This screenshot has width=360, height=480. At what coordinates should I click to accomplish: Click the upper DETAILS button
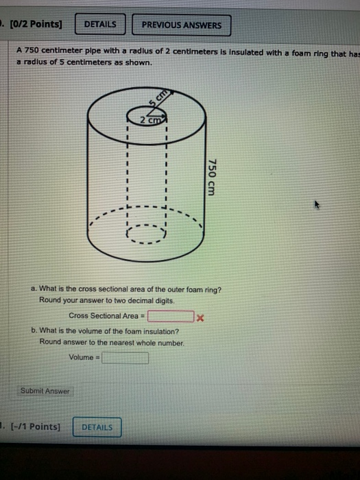(x=99, y=25)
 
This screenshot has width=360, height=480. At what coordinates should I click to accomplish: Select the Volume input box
(x=125, y=357)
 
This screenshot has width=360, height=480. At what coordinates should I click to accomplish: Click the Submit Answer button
(x=45, y=392)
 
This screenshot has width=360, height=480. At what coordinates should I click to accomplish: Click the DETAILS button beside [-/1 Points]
(x=97, y=427)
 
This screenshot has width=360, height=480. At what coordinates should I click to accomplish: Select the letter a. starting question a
(x=34, y=289)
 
